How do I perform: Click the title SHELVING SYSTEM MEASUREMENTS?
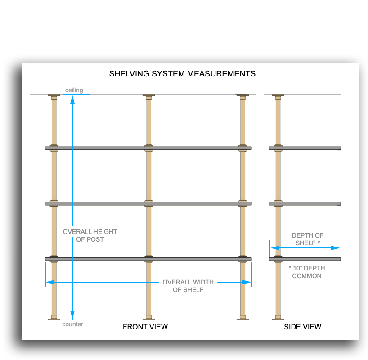point(182,74)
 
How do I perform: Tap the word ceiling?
point(74,90)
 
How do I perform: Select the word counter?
point(72,324)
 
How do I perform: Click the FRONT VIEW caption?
point(145,327)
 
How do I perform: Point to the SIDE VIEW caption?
point(302,327)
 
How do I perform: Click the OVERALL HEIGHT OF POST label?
point(90,235)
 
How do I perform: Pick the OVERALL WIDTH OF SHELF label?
point(188,286)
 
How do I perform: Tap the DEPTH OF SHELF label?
point(307,239)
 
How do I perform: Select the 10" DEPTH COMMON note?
point(307,272)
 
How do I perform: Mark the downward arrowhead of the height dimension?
point(72,315)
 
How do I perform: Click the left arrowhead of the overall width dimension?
point(50,282)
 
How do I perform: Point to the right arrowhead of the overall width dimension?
point(247,282)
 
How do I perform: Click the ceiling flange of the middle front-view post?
point(148,96)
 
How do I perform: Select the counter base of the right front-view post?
point(242,318)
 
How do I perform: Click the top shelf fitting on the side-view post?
point(278,148)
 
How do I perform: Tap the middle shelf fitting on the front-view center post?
point(148,203)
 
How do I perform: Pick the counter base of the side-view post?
point(278,318)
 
